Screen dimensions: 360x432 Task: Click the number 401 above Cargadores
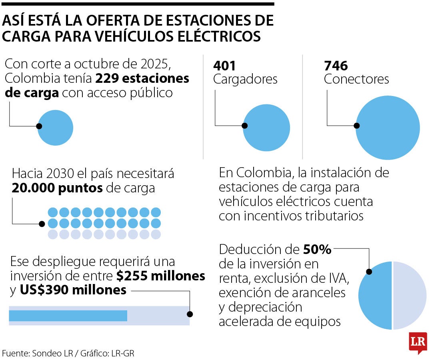point(225,66)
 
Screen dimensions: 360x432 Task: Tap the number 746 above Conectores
point(336,66)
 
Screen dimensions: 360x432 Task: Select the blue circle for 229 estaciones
point(56,128)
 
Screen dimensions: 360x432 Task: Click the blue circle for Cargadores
point(266,128)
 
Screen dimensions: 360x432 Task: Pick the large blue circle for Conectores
point(388,128)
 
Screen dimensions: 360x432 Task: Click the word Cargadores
point(245,79)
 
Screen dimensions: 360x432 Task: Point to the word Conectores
point(356,79)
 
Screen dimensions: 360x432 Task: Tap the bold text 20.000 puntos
point(58,188)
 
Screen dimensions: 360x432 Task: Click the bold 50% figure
point(317,250)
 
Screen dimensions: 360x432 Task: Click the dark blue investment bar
point(68,316)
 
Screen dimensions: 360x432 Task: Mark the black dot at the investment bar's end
point(190,314)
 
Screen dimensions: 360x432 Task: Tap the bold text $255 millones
point(161,276)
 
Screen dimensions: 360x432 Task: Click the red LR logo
point(418,342)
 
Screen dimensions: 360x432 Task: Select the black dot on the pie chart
point(369,272)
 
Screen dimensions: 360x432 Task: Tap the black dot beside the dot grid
point(42,224)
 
